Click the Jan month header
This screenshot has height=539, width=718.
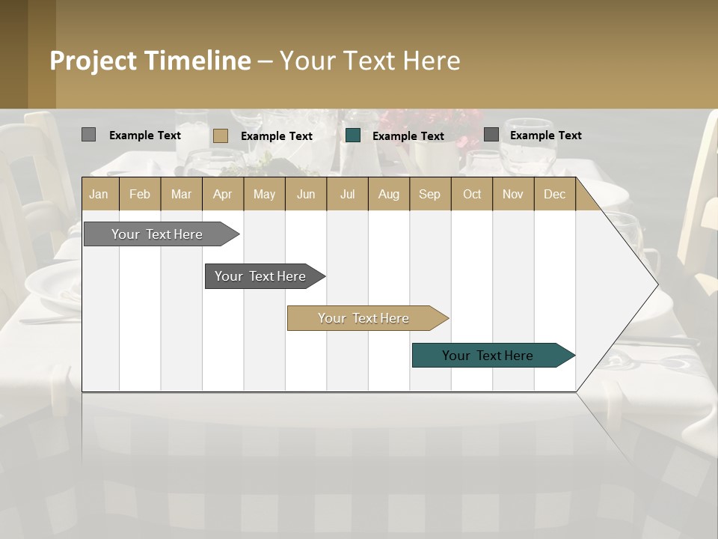pos(99,194)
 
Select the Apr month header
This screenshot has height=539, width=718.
pos(223,194)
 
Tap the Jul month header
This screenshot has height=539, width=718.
pos(347,194)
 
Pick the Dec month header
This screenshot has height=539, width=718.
pos(554,194)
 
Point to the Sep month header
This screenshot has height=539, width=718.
pos(429,194)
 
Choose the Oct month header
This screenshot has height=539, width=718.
pos(471,194)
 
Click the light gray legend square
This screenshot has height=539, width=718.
pos(88,135)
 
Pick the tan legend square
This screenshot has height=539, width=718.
pos(220,135)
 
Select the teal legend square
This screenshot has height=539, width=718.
pos(353,135)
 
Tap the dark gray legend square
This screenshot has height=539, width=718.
pos(491,135)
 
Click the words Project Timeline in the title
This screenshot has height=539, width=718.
pos(150,61)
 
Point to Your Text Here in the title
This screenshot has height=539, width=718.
pos(369,61)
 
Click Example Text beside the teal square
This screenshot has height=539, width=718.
pos(408,135)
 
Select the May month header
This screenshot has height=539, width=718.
pos(264,194)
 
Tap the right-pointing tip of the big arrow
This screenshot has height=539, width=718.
pos(656,284)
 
